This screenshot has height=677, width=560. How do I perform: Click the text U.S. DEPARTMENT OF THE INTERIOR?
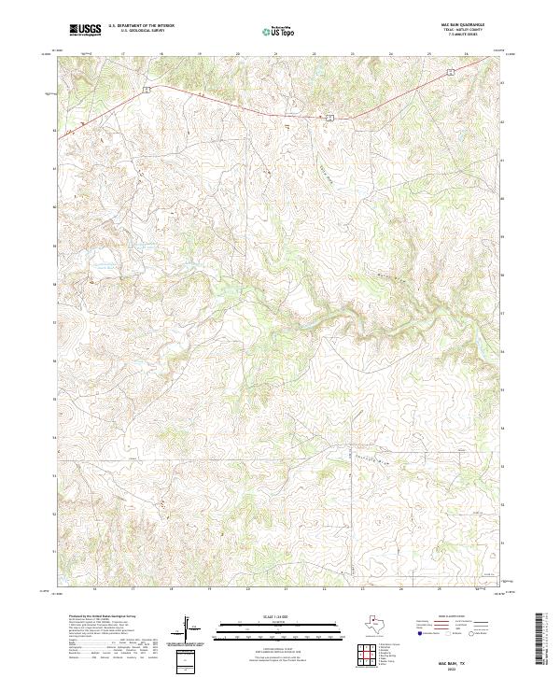[141, 26]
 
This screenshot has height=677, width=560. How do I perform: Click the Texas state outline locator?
[381, 623]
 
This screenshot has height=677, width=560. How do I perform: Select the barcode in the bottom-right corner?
[540, 639]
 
